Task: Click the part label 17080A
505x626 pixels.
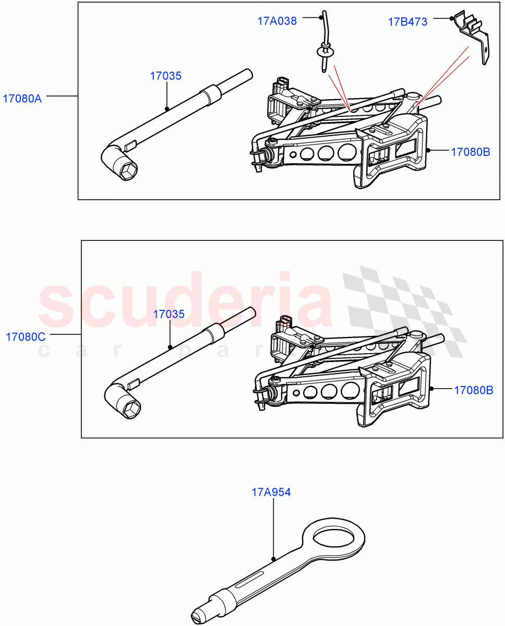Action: pos(22,98)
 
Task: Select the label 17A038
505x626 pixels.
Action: pos(276,21)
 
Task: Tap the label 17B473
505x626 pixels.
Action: pos(407,22)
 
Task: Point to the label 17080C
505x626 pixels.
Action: pos(25,336)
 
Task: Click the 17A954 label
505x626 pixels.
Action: pos(271,492)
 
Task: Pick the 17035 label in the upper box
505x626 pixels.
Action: pos(166,76)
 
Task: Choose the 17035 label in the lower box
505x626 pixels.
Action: pos(169,314)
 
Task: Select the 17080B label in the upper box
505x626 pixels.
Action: pos(470,152)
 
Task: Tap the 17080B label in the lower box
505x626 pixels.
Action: pos(473,390)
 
